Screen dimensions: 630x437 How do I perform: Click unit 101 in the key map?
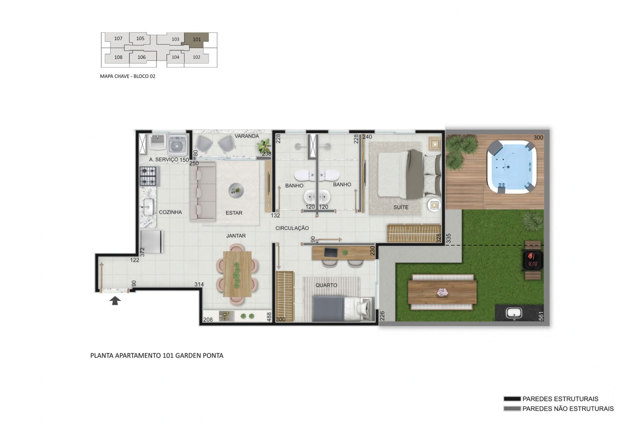[x=197, y=39]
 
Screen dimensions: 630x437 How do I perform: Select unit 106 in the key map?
[x=141, y=57]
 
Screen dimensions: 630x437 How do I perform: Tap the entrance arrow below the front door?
[x=115, y=301]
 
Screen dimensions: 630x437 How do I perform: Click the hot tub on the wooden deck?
[x=511, y=167]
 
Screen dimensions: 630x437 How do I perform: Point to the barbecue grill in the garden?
[x=532, y=260]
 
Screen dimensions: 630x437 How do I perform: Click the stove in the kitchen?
[x=148, y=176]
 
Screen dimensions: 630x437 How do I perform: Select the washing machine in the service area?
[x=177, y=145]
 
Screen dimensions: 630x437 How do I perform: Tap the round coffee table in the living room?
[x=236, y=191]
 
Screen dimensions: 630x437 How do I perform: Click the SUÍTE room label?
[x=401, y=207]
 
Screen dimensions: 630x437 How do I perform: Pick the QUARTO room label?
[x=326, y=285]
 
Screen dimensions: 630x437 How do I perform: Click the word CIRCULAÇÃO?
[x=292, y=228]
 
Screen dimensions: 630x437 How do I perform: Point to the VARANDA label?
[x=247, y=136]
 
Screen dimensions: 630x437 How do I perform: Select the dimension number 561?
[x=541, y=316]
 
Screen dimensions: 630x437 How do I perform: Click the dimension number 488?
[x=269, y=317]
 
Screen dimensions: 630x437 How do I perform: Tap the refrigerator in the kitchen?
[x=152, y=242]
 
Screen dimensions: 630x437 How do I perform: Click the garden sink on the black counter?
[x=514, y=313]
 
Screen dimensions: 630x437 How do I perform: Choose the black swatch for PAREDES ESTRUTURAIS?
[x=512, y=399]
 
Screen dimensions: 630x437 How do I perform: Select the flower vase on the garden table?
[x=442, y=293]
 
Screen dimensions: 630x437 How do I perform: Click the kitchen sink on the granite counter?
[x=148, y=207]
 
